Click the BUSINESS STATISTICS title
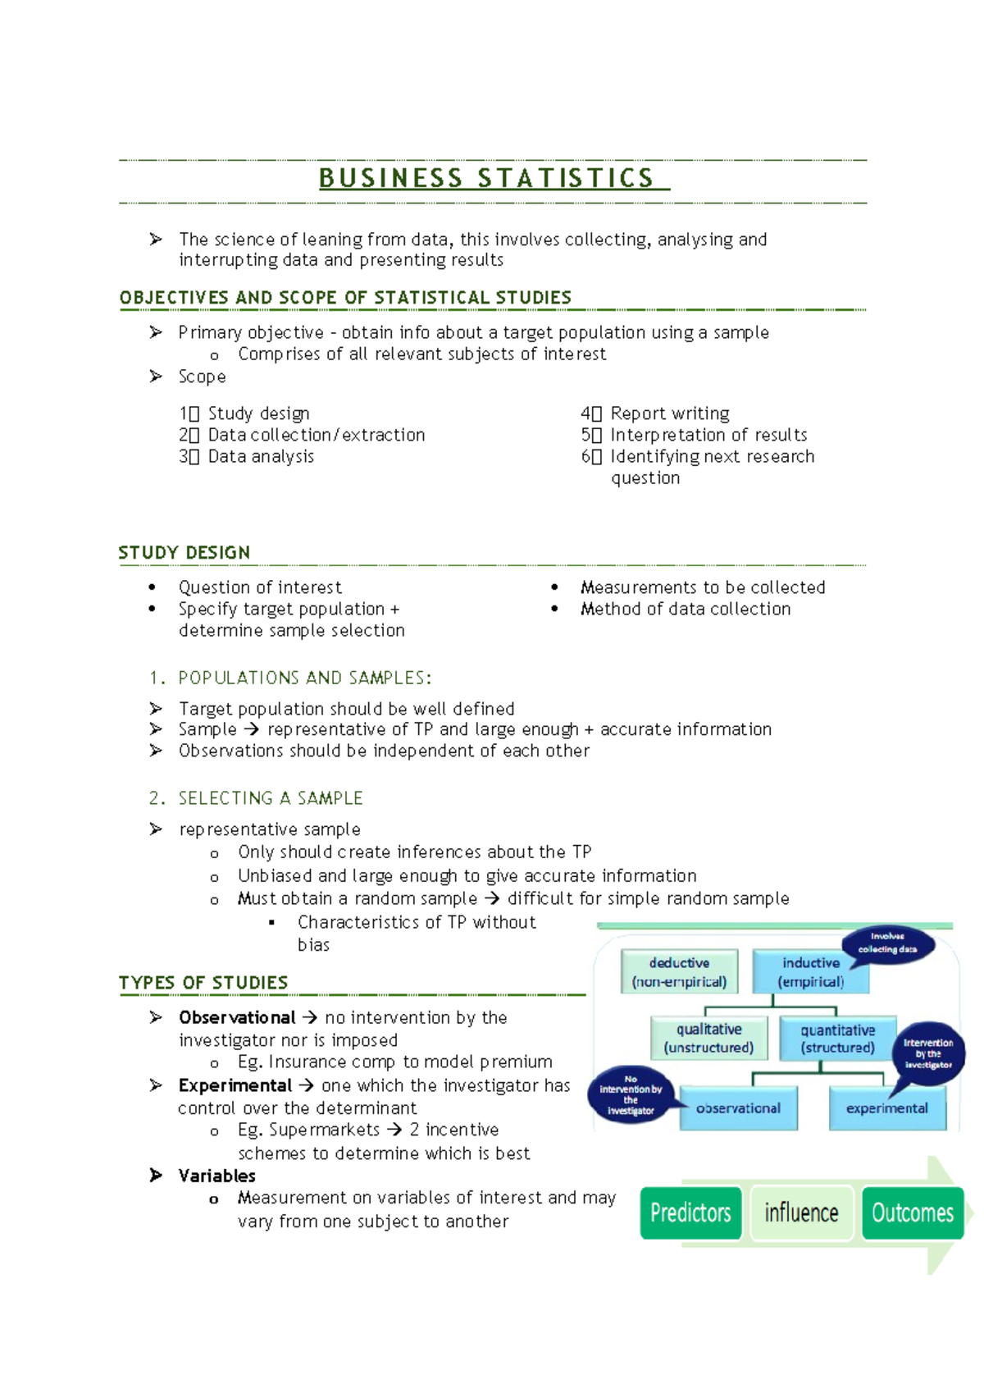487,178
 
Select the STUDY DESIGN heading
184,553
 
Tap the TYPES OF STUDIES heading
203,983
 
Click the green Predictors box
690,1213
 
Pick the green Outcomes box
912,1213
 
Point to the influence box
801,1213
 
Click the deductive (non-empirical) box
679,972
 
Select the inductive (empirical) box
810,972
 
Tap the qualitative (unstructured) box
708,1039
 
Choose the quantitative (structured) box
837,1039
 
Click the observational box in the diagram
738,1108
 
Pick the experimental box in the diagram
886,1108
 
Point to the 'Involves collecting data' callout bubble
888,943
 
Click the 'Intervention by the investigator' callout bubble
928,1053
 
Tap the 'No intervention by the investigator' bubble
631,1094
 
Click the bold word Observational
237,1018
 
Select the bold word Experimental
235,1086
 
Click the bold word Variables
217,1176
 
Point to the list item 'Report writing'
670,413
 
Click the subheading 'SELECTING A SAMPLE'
271,798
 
